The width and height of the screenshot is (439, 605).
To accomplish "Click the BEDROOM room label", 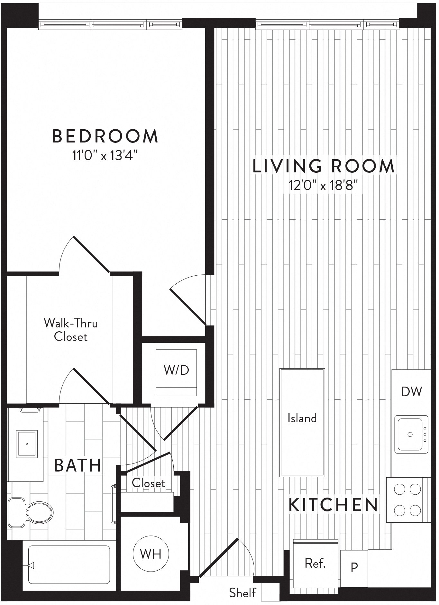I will (105, 136).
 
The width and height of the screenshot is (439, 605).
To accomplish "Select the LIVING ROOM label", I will (323, 166).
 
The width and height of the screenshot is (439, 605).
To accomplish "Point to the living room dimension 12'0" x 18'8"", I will (323, 186).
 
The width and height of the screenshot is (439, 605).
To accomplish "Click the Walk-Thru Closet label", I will (71, 330).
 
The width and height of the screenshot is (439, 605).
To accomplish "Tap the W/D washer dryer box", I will (176, 370).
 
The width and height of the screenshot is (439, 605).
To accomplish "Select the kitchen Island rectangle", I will (302, 418).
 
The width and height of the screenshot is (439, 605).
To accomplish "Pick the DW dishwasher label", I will (411, 391).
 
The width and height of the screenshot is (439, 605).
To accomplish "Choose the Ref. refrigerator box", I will (316, 563).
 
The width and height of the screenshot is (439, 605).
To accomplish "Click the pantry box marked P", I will (354, 567).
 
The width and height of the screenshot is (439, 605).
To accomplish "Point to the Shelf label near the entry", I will (243, 592).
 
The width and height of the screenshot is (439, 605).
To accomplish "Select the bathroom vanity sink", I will (27, 444).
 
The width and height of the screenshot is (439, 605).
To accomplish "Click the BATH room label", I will (78, 465).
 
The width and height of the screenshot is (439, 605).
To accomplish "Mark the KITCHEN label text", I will (333, 505).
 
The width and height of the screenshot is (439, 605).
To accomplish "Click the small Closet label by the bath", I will (149, 483).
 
